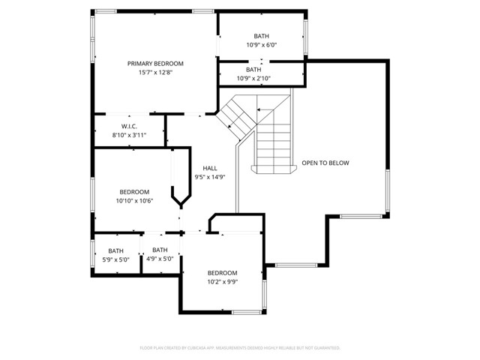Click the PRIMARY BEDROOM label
[155, 64]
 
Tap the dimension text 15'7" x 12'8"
[155, 73]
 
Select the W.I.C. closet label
[128, 126]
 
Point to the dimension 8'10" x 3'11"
[129, 135]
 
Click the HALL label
[210, 168]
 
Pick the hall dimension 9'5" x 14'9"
[210, 177]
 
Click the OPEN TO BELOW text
[325, 163]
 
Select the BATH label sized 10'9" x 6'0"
[261, 36]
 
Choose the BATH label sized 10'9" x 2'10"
[253, 70]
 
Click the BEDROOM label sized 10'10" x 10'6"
[134, 192]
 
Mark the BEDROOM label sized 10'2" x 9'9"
[222, 273]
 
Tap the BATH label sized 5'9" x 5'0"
[115, 251]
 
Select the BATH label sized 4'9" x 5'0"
[160, 250]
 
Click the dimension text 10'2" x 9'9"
[222, 282]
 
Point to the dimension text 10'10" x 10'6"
[134, 201]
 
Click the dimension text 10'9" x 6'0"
[261, 45]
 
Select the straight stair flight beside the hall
[272, 142]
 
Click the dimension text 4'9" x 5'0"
[160, 259]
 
